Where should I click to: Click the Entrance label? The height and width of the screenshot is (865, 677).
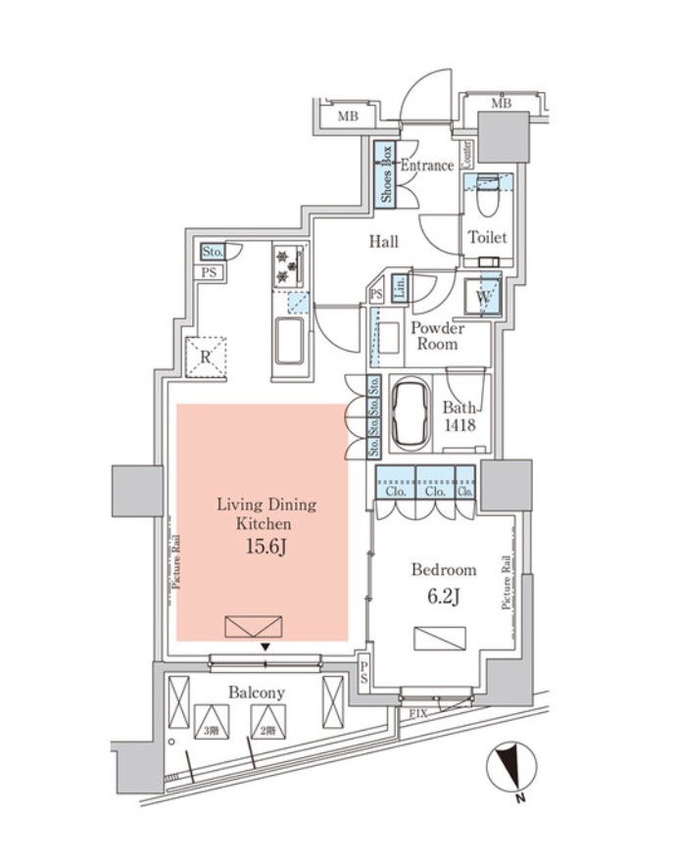(x=426, y=166)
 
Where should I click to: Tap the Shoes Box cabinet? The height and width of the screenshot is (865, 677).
(x=386, y=175)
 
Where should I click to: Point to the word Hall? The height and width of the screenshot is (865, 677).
(x=383, y=241)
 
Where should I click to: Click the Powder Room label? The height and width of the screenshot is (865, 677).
(x=436, y=336)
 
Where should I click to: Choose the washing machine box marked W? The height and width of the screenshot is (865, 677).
(x=484, y=295)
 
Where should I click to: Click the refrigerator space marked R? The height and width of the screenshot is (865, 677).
(x=206, y=357)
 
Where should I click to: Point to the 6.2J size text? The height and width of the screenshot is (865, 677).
(x=443, y=594)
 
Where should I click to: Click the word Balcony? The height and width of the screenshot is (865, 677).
(x=257, y=693)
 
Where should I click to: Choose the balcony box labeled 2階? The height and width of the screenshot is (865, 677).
(x=265, y=724)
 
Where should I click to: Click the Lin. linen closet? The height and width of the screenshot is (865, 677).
(x=400, y=287)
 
